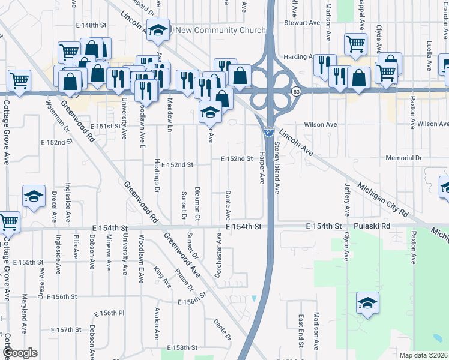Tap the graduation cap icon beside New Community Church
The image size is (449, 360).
click(158, 31)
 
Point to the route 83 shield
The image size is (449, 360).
click(296, 91)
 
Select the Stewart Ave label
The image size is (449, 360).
click(303, 23)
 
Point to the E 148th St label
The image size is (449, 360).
click(91, 25)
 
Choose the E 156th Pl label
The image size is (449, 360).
click(109, 314)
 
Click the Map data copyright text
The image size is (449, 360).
click(424, 355)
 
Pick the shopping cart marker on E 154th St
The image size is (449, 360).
click(8, 221)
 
